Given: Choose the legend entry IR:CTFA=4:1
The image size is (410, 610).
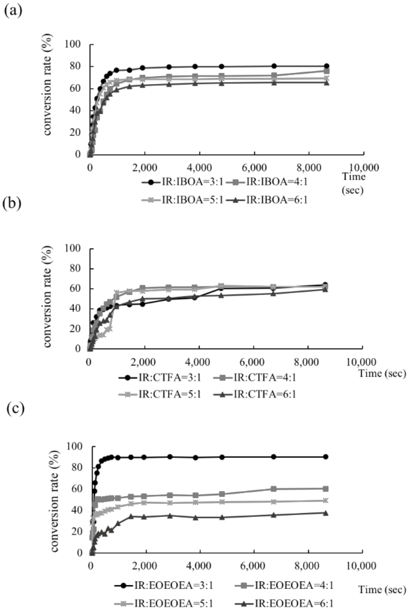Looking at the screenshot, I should click(255, 377).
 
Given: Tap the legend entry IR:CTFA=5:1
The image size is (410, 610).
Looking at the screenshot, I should click(160, 394).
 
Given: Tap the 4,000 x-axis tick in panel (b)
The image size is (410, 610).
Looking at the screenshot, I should click(199, 362).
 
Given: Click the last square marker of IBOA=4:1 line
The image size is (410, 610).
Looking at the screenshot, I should click(327, 71).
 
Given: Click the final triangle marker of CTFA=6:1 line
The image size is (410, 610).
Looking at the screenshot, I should click(325, 289).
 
